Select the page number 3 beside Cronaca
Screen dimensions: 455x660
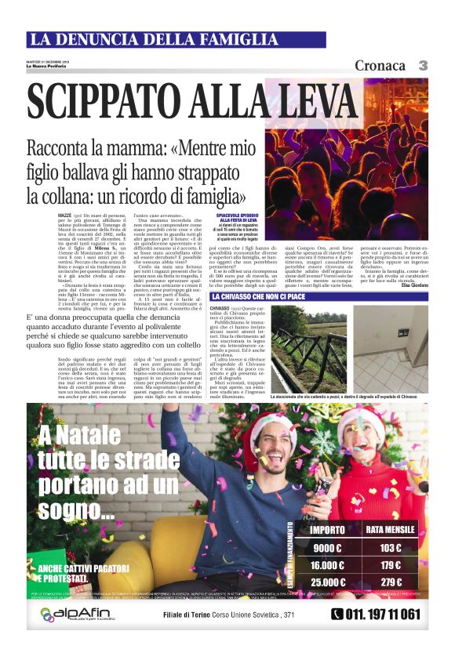coord(421,65)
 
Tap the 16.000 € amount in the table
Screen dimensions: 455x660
coord(326,565)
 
